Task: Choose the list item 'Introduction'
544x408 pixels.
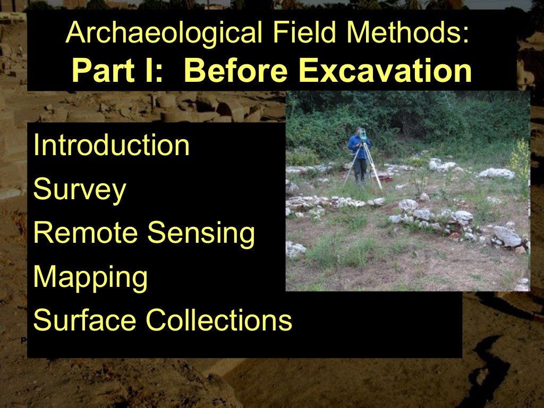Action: (111, 146)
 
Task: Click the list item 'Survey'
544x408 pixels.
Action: (79, 190)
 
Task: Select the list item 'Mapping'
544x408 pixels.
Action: (90, 277)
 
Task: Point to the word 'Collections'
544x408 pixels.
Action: (219, 320)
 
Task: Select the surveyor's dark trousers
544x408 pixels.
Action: (360, 169)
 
